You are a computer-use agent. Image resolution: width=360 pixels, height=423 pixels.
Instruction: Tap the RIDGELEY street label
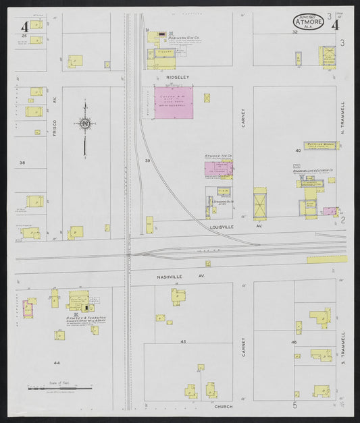[168, 77]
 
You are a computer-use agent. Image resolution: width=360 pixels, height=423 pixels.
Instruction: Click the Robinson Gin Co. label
[182, 38]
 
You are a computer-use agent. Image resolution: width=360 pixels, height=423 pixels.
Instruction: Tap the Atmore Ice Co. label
[218, 157]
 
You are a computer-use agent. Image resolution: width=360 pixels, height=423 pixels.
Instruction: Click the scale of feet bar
[59, 389]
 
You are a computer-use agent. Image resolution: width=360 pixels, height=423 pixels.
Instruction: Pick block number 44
[57, 363]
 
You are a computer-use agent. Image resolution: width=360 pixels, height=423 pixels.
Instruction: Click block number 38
[22, 163]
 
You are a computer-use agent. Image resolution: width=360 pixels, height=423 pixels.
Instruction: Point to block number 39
[147, 161]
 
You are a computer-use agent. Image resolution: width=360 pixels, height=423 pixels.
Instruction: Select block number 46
[294, 343]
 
